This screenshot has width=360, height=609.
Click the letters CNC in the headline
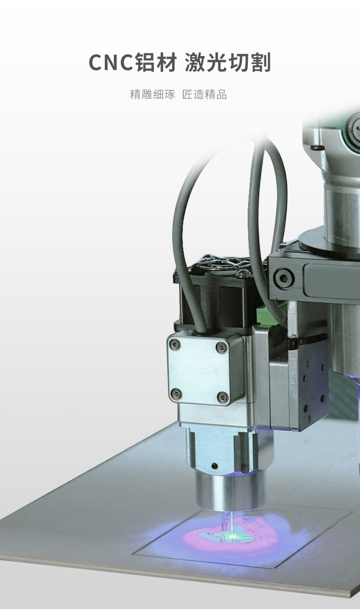[112, 62]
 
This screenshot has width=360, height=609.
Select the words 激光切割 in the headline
[228, 62]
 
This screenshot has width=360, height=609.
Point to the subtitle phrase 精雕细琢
[153, 94]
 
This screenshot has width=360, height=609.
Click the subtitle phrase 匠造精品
[204, 94]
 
